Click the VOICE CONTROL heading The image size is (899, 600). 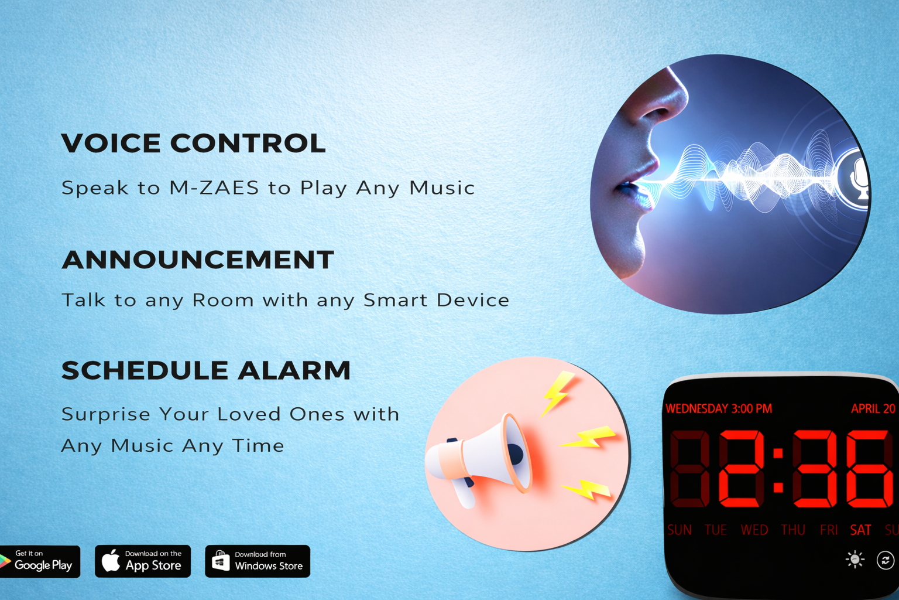193,142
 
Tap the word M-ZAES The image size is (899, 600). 214,187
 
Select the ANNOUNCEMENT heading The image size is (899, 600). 198,259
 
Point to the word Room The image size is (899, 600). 223,300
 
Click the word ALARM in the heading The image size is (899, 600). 294,370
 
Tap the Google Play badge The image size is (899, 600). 39,561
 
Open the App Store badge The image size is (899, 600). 142,561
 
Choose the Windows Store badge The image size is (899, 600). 258,561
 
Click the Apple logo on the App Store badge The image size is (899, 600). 111,560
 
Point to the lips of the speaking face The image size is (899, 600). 634,189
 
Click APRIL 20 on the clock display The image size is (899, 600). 873,409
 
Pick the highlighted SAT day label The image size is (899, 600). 860,530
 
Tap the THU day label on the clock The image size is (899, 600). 793,530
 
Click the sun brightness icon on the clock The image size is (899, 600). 855,560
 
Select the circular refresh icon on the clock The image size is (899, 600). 886,560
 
